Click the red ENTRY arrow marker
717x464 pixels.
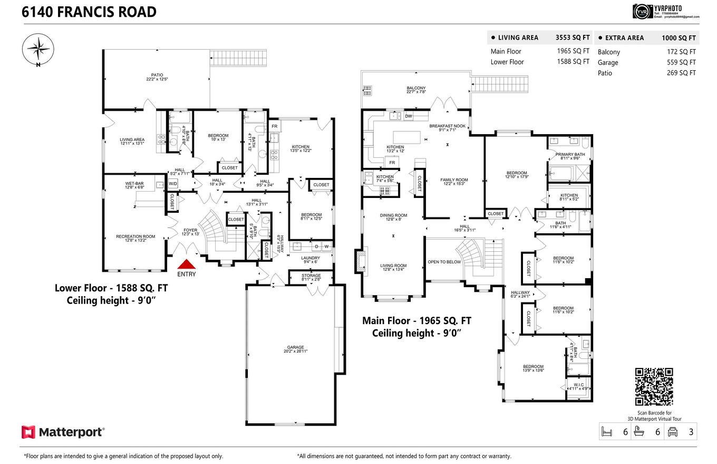(x=186, y=264)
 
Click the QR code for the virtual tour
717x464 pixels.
(x=654, y=386)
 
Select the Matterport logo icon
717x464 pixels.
(x=28, y=432)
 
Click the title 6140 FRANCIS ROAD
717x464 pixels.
(x=89, y=12)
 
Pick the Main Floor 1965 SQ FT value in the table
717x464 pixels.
(x=573, y=51)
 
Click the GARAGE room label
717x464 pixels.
(x=295, y=347)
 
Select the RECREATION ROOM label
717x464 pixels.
(x=135, y=236)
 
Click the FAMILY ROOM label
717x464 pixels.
(x=454, y=180)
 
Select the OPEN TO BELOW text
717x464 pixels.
(x=444, y=262)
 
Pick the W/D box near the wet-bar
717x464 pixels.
(x=173, y=184)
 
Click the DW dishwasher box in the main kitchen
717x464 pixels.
(x=409, y=116)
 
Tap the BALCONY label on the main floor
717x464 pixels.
(x=416, y=88)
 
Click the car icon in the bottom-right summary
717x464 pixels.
(x=672, y=431)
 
